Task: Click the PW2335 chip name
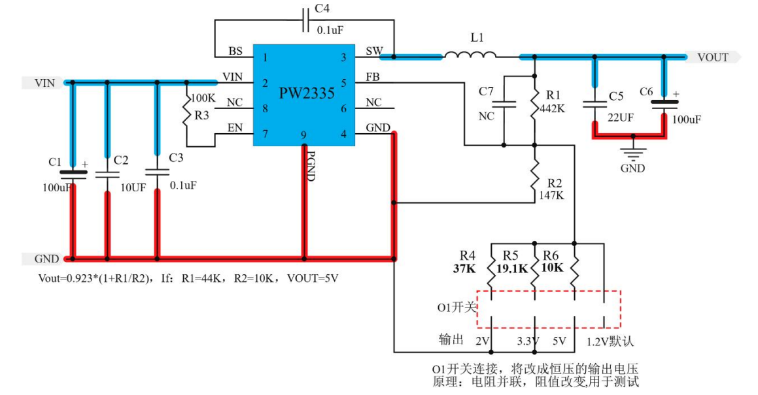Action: click(307, 93)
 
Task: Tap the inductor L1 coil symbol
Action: click(470, 57)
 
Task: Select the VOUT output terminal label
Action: click(712, 57)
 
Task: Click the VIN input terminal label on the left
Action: click(44, 83)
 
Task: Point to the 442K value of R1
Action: click(553, 109)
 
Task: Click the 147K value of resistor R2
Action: click(552, 195)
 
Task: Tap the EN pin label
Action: click(235, 128)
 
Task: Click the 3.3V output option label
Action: click(526, 341)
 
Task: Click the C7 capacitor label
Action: click(486, 91)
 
